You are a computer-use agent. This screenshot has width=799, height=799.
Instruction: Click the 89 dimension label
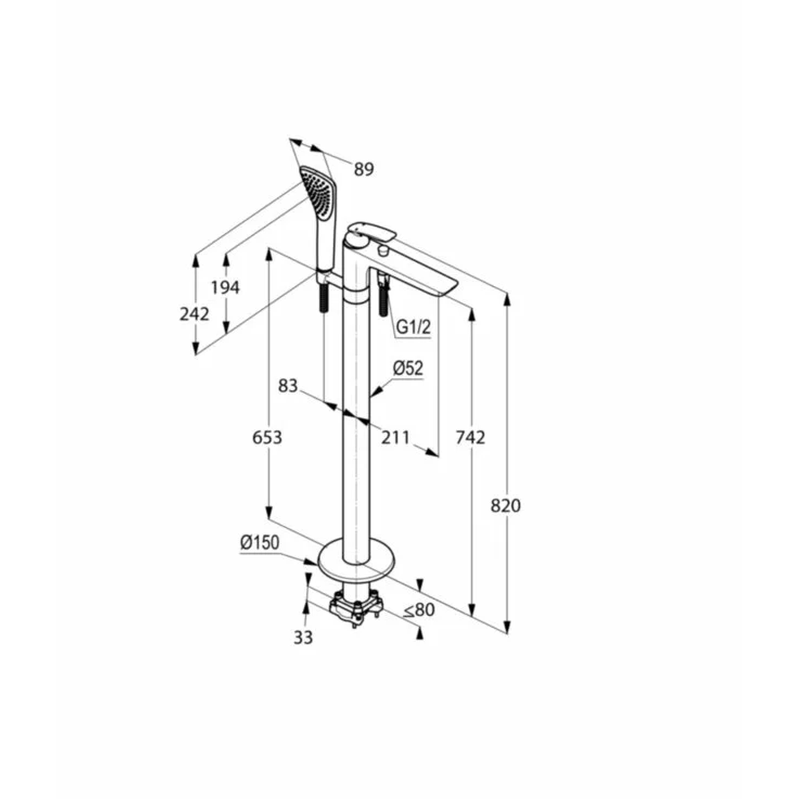pyautogui.click(x=364, y=169)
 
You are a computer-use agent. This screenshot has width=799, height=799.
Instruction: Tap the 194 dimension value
pyautogui.click(x=225, y=288)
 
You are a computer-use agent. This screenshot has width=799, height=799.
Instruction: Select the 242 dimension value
pyautogui.click(x=194, y=314)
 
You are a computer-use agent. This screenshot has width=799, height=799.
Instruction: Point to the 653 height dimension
pyautogui.click(x=267, y=437)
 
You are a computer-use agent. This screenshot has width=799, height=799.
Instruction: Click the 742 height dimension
pyautogui.click(x=471, y=437)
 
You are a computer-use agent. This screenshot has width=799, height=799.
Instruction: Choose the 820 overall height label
pyautogui.click(x=506, y=506)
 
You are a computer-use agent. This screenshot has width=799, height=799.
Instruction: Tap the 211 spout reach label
pyautogui.click(x=396, y=437)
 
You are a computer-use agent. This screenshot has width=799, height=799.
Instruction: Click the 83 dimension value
pyautogui.click(x=288, y=386)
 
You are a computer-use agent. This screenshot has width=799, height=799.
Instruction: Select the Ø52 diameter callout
pyautogui.click(x=408, y=368)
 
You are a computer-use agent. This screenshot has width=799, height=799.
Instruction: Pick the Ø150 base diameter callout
pyautogui.click(x=260, y=543)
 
